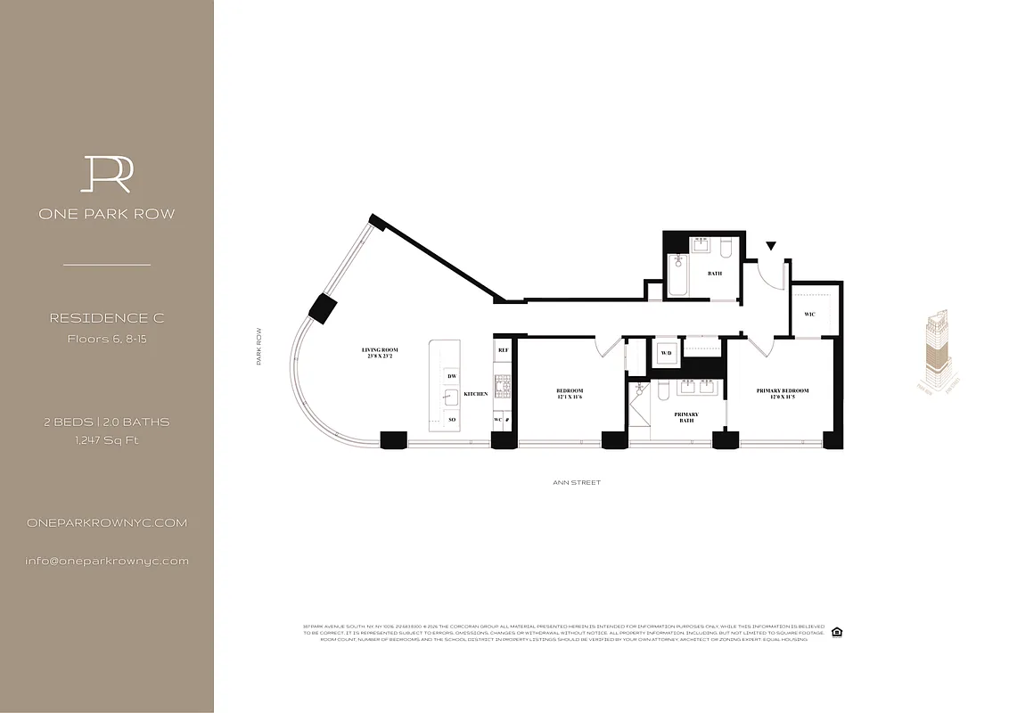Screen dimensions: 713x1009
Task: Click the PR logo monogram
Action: click(x=106, y=174)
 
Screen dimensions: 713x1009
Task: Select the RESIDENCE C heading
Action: click(x=106, y=318)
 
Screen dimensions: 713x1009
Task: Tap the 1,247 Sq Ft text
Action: click(x=106, y=440)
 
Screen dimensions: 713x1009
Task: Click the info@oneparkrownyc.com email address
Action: click(x=107, y=561)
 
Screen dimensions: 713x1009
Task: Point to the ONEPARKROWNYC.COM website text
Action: click(x=107, y=523)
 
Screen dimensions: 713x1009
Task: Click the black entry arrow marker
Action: click(x=771, y=245)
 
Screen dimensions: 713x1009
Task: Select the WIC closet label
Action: click(x=809, y=315)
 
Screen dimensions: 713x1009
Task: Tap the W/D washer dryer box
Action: click(x=666, y=353)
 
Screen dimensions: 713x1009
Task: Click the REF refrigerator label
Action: click(x=503, y=351)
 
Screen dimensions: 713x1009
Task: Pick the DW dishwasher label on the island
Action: click(x=452, y=376)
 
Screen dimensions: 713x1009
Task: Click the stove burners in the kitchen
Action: click(x=503, y=386)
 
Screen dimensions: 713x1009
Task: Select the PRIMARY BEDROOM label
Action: click(x=782, y=394)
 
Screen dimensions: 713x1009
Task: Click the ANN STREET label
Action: click(x=577, y=482)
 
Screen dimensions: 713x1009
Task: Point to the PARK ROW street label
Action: click(x=259, y=346)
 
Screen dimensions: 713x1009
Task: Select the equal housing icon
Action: click(x=837, y=633)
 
